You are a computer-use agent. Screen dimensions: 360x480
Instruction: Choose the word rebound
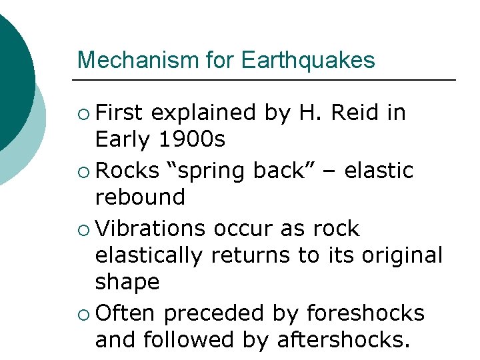coord(140,197)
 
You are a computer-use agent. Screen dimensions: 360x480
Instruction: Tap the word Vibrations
coord(151,229)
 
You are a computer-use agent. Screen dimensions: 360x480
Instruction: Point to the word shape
coord(127,282)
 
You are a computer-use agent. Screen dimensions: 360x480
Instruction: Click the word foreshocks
coord(365,313)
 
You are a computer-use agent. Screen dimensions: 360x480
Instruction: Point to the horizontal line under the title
coord(267,80)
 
